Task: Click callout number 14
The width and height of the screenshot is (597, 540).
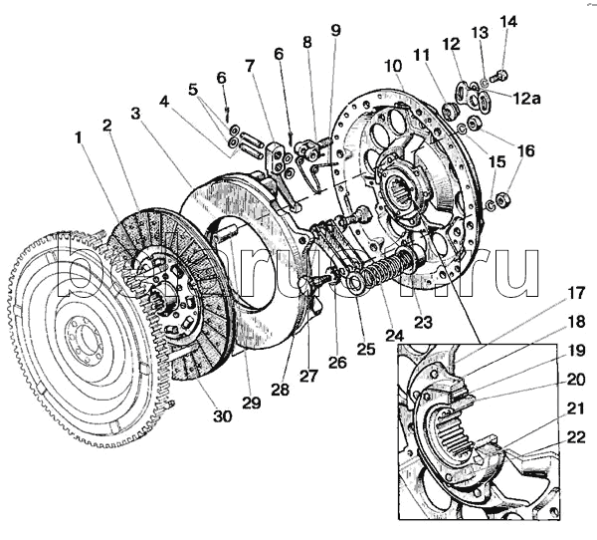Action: (x=508, y=21)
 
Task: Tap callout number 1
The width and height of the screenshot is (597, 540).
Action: (x=77, y=134)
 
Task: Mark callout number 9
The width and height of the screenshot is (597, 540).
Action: (x=335, y=30)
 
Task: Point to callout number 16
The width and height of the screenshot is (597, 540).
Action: (x=524, y=151)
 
